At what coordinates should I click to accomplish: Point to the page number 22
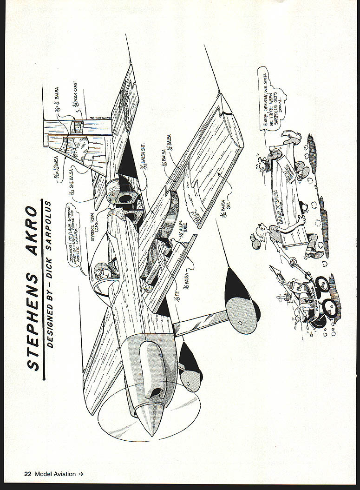pyautogui.click(x=27, y=474)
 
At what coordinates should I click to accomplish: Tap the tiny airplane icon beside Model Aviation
pyautogui.click(x=82, y=474)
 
